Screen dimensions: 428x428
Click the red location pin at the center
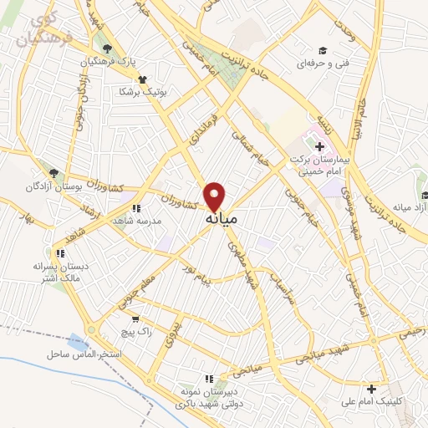215,195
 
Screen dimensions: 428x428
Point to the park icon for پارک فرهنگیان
104,48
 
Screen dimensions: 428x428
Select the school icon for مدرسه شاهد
136,208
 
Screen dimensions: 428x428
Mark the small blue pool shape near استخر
78,341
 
